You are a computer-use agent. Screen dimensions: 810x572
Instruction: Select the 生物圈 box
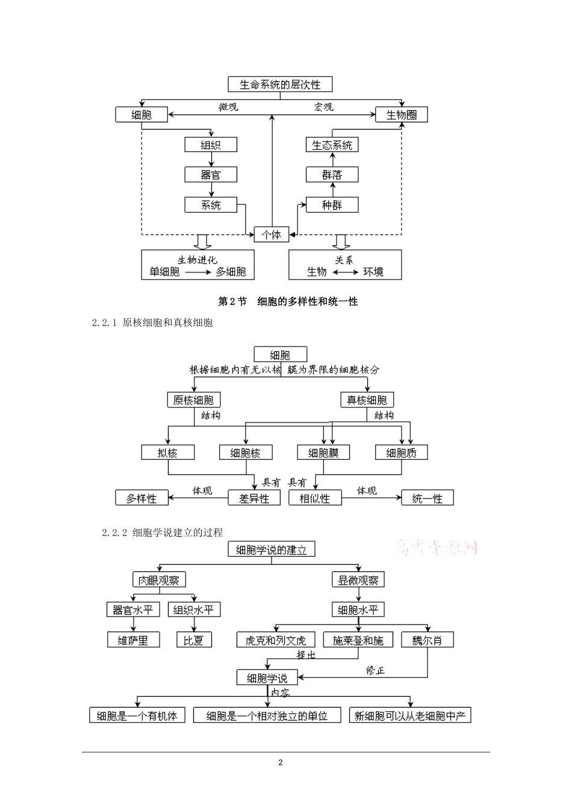click(x=402, y=115)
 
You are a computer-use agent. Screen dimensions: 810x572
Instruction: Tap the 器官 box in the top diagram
click(x=211, y=175)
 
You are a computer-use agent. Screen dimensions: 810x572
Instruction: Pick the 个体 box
click(x=272, y=234)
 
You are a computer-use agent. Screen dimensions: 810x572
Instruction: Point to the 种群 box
click(x=332, y=205)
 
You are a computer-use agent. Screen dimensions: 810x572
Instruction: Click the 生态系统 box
click(x=332, y=145)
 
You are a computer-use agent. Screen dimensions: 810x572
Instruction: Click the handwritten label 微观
click(x=228, y=107)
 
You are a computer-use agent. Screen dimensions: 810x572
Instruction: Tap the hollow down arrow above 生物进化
click(x=203, y=242)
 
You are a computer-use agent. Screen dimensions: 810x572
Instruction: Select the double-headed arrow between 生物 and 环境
click(x=345, y=272)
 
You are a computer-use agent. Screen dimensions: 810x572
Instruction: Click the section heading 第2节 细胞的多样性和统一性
click(x=288, y=301)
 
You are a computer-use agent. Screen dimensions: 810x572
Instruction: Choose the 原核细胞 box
click(x=193, y=400)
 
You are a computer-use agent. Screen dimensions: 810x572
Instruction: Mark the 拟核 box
click(x=167, y=453)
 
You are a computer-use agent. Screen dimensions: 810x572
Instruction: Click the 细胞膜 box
click(x=323, y=453)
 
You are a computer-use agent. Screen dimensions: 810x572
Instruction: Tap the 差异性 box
click(x=253, y=498)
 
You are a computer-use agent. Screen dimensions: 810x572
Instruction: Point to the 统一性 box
click(x=427, y=498)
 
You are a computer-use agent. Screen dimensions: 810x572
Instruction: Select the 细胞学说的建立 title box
click(x=272, y=550)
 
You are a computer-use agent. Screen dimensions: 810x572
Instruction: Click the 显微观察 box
click(x=358, y=580)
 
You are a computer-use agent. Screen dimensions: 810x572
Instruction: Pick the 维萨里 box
click(x=133, y=640)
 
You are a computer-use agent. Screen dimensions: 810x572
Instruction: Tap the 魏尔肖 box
click(x=427, y=640)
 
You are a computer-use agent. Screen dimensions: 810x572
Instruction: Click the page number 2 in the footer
click(x=281, y=762)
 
